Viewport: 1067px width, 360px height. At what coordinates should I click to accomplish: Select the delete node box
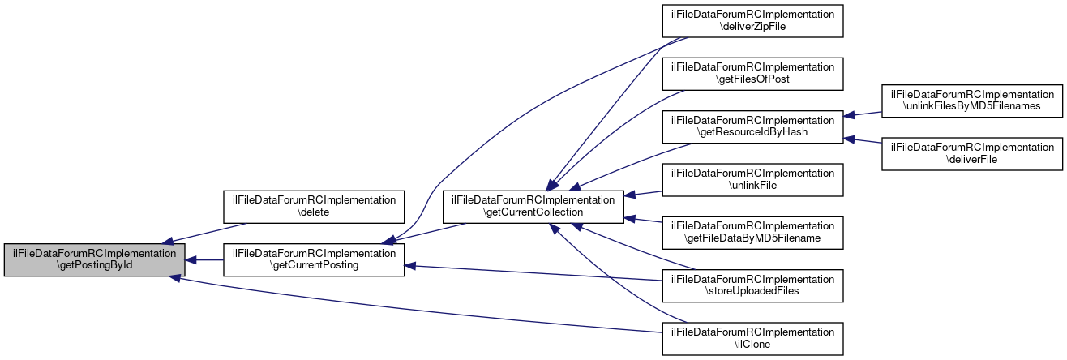point(314,207)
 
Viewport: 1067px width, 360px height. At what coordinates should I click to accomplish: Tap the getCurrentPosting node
point(314,259)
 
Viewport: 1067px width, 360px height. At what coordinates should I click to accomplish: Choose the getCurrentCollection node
point(532,207)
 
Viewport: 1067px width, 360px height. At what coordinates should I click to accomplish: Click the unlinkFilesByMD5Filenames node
point(972,100)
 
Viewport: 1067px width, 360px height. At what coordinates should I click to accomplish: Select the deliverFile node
point(972,152)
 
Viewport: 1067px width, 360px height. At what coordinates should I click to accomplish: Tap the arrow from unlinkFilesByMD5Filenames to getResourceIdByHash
point(863,115)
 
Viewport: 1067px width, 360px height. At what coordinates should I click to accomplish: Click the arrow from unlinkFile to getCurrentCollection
point(645,194)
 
